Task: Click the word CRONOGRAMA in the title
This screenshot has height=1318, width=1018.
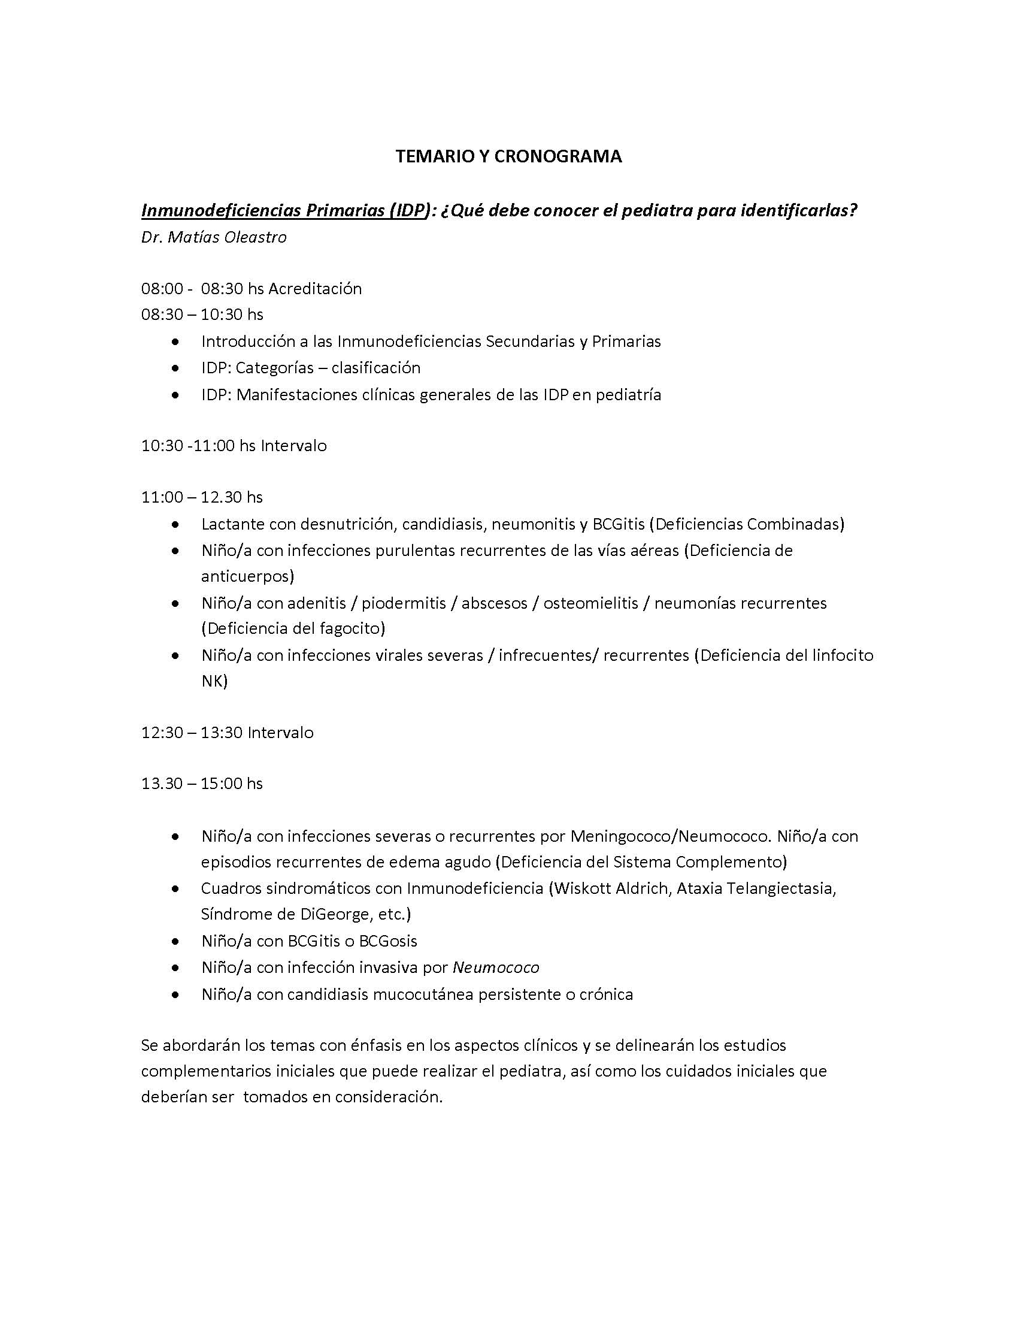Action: [x=558, y=157]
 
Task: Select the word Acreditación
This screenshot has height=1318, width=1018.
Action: [x=315, y=289]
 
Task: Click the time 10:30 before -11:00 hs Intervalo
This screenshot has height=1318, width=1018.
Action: [x=162, y=446]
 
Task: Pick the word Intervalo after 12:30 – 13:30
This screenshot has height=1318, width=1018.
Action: [x=280, y=733]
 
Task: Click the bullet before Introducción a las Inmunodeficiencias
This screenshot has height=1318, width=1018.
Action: [x=175, y=342]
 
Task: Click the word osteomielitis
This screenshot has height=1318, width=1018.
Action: [x=590, y=603]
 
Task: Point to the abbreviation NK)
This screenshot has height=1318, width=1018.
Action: [x=214, y=681]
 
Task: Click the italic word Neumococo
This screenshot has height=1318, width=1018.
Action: [x=496, y=968]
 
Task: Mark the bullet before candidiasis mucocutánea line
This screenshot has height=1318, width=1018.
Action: [x=175, y=994]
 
